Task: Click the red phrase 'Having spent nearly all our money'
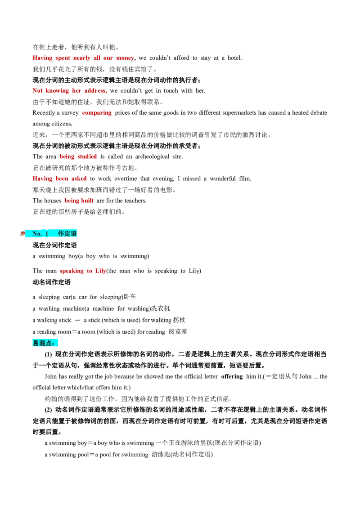tap(83, 58)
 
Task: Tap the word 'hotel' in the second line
tap(234, 58)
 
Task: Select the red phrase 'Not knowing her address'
tap(69, 90)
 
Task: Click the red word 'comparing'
tap(97, 113)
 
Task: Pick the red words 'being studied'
tap(78, 156)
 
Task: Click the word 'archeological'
tap(152, 156)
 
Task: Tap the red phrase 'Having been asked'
tap(59, 179)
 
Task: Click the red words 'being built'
tap(79, 201)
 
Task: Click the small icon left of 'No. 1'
tap(22, 233)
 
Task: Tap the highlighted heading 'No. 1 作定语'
tap(54, 233)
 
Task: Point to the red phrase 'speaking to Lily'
tap(83, 271)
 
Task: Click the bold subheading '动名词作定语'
tap(51, 282)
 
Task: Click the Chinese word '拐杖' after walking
tap(179, 320)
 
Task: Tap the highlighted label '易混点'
tap(45, 343)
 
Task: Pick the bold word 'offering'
tap(232, 376)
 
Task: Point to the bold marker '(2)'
tap(49, 410)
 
